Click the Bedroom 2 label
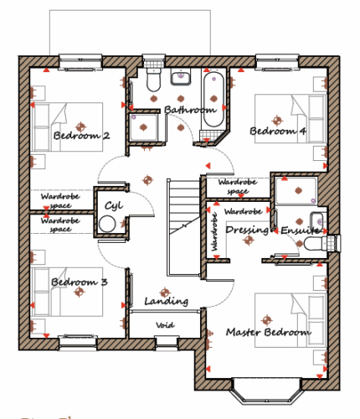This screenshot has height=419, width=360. point(81,136)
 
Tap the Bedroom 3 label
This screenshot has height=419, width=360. point(80,282)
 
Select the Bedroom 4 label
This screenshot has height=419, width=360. point(278,131)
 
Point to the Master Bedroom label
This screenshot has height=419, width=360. point(269,332)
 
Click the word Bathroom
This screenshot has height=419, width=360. point(190,110)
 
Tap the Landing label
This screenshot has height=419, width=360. point(167,301)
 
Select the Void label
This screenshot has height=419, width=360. point(165,325)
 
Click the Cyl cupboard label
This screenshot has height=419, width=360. point(114,206)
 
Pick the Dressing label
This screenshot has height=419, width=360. point(247,230)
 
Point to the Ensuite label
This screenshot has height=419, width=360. point(300,230)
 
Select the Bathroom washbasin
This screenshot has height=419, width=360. point(181,77)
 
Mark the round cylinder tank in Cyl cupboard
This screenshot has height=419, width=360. point(107,224)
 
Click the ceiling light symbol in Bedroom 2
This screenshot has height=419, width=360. point(80,127)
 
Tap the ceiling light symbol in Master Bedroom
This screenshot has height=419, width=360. point(267,320)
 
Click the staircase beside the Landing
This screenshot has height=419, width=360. point(184,228)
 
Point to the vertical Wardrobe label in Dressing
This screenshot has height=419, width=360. point(214,232)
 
